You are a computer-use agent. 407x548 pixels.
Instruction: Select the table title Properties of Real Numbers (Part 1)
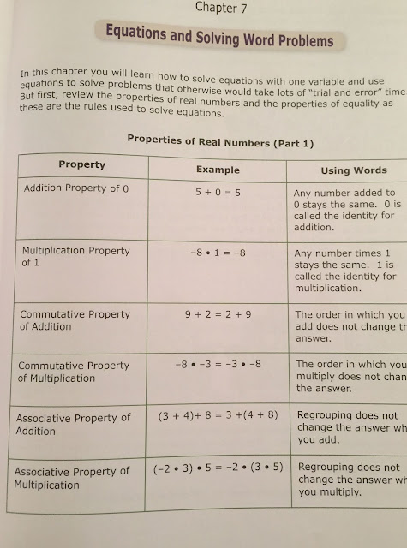click(220, 140)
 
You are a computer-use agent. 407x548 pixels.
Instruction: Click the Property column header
click(81, 164)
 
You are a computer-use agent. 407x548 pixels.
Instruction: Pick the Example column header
click(218, 170)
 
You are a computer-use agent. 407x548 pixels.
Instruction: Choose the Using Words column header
click(354, 170)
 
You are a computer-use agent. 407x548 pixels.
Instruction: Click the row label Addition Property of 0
click(76, 188)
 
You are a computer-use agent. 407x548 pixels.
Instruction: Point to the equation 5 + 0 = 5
click(218, 193)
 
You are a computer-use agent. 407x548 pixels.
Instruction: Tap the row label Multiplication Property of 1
click(75, 257)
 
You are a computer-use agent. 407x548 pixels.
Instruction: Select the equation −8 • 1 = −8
click(218, 254)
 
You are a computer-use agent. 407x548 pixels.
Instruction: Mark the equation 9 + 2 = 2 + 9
click(219, 314)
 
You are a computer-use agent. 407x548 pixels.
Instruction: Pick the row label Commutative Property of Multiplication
click(74, 372)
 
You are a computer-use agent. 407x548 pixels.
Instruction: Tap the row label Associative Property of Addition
click(73, 424)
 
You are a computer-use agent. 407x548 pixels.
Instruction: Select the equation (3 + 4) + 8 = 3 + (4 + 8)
click(218, 416)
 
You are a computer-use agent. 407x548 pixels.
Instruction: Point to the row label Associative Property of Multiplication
click(72, 478)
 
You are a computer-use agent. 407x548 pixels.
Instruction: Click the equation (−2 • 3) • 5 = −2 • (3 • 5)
click(220, 469)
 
